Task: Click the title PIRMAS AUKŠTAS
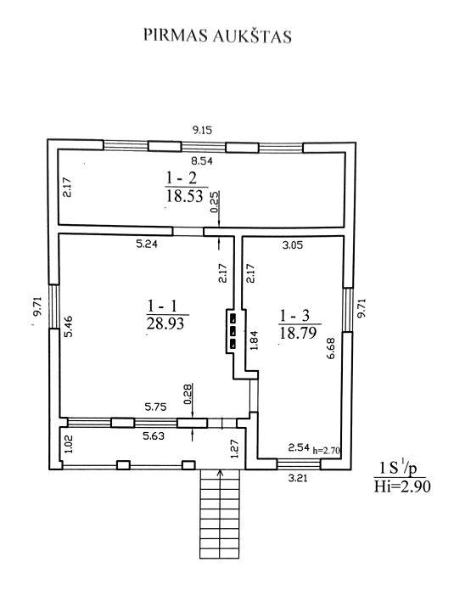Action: coord(217,36)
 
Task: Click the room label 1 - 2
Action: coord(182,177)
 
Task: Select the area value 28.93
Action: coord(165,323)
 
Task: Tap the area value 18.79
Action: coord(298,333)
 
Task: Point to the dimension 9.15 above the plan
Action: coord(202,131)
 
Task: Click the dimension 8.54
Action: coord(202,161)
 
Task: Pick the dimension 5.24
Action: coord(147,244)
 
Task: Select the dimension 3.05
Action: coord(293,245)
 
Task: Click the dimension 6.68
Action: coord(331,348)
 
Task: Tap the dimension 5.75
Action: coord(156,407)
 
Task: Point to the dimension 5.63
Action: coord(154,436)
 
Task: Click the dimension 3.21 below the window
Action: coord(298,478)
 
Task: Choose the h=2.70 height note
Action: coord(327,450)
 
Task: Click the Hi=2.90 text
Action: coord(402,486)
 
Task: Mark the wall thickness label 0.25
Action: coord(215,202)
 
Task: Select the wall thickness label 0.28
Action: coord(188,394)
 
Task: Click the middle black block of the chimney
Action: coord(233,331)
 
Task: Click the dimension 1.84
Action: coord(255,340)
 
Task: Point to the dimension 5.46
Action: coord(68,326)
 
